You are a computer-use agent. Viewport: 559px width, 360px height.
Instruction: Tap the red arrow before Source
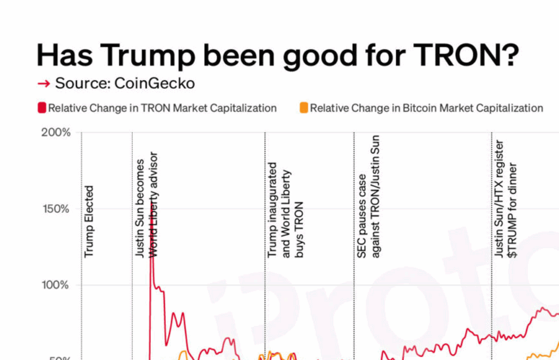point(43,84)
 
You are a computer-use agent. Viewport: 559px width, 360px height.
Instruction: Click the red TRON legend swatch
point(42,108)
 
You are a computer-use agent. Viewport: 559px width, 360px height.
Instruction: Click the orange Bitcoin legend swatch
point(304,108)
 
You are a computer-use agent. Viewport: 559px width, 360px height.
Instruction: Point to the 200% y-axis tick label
point(56,132)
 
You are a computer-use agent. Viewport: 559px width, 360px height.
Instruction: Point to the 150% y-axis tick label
point(56,209)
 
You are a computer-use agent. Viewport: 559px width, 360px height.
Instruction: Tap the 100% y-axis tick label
point(56,285)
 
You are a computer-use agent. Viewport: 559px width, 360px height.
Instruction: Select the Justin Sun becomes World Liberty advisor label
point(147,205)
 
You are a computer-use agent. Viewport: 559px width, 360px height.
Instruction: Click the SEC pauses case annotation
point(368,196)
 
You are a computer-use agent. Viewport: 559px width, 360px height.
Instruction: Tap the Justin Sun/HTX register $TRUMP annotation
point(506,199)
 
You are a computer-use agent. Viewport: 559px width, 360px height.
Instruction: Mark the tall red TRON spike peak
point(151,248)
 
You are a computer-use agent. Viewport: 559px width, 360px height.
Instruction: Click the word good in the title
point(316,56)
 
